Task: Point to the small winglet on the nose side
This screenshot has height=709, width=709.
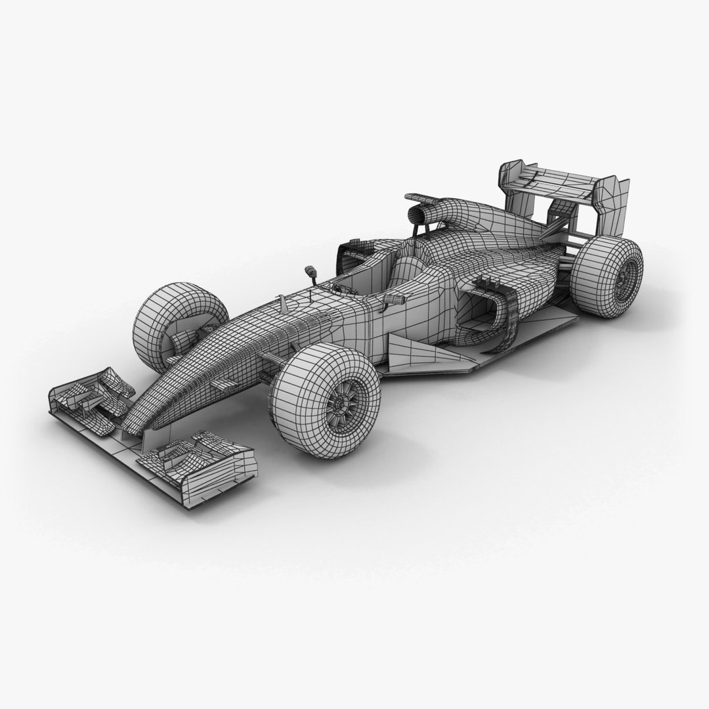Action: pos(223,383)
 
